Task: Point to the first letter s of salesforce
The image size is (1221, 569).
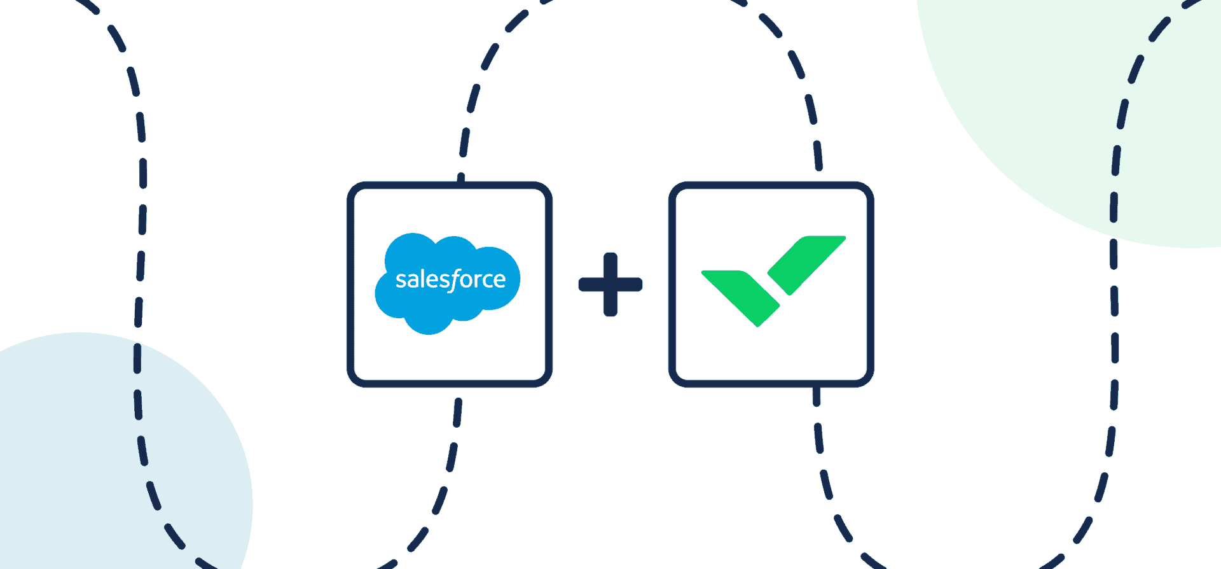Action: [x=400, y=281]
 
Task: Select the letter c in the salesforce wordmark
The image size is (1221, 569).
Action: [x=485, y=281]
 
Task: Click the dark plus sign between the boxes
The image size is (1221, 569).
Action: [x=610, y=284]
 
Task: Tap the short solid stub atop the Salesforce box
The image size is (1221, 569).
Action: [x=461, y=179]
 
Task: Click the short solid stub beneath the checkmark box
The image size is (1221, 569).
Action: [x=817, y=395]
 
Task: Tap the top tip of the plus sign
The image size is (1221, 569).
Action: [x=610, y=256]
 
